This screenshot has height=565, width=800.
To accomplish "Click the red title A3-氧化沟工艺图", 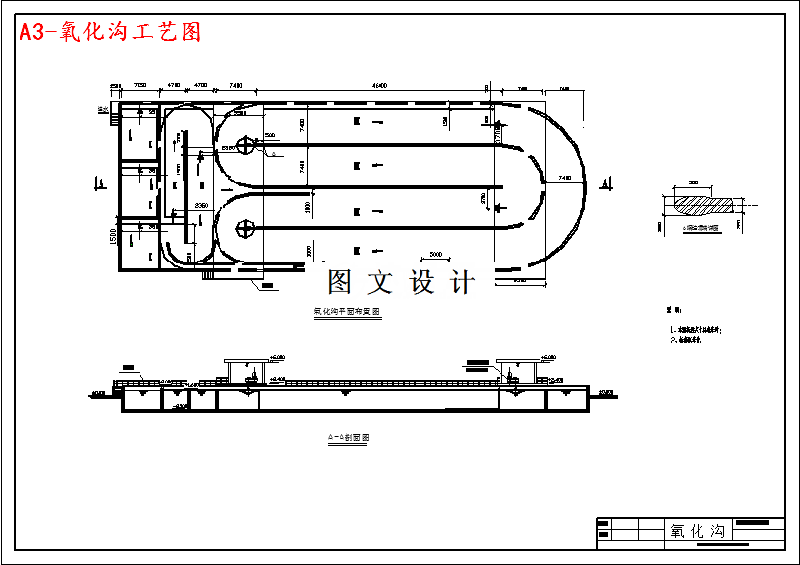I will (x=110, y=32).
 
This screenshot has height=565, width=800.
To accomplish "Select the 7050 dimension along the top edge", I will (x=140, y=86).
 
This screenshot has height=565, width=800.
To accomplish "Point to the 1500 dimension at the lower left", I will (x=112, y=237).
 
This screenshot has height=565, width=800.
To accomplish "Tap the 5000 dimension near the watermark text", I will (x=435, y=254).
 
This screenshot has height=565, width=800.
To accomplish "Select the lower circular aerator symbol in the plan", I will (x=245, y=229).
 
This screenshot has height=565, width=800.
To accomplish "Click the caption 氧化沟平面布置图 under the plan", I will (x=346, y=312).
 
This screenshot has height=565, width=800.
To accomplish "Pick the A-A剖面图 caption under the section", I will (x=348, y=438).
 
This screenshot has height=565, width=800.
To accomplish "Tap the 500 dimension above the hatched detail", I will (x=694, y=182).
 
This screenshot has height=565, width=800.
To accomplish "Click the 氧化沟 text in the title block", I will (x=698, y=531).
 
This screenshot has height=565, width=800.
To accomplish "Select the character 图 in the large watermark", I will (x=340, y=283).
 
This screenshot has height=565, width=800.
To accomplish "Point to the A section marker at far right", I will (x=610, y=182).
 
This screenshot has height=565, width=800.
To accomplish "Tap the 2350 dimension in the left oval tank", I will (x=200, y=205).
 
